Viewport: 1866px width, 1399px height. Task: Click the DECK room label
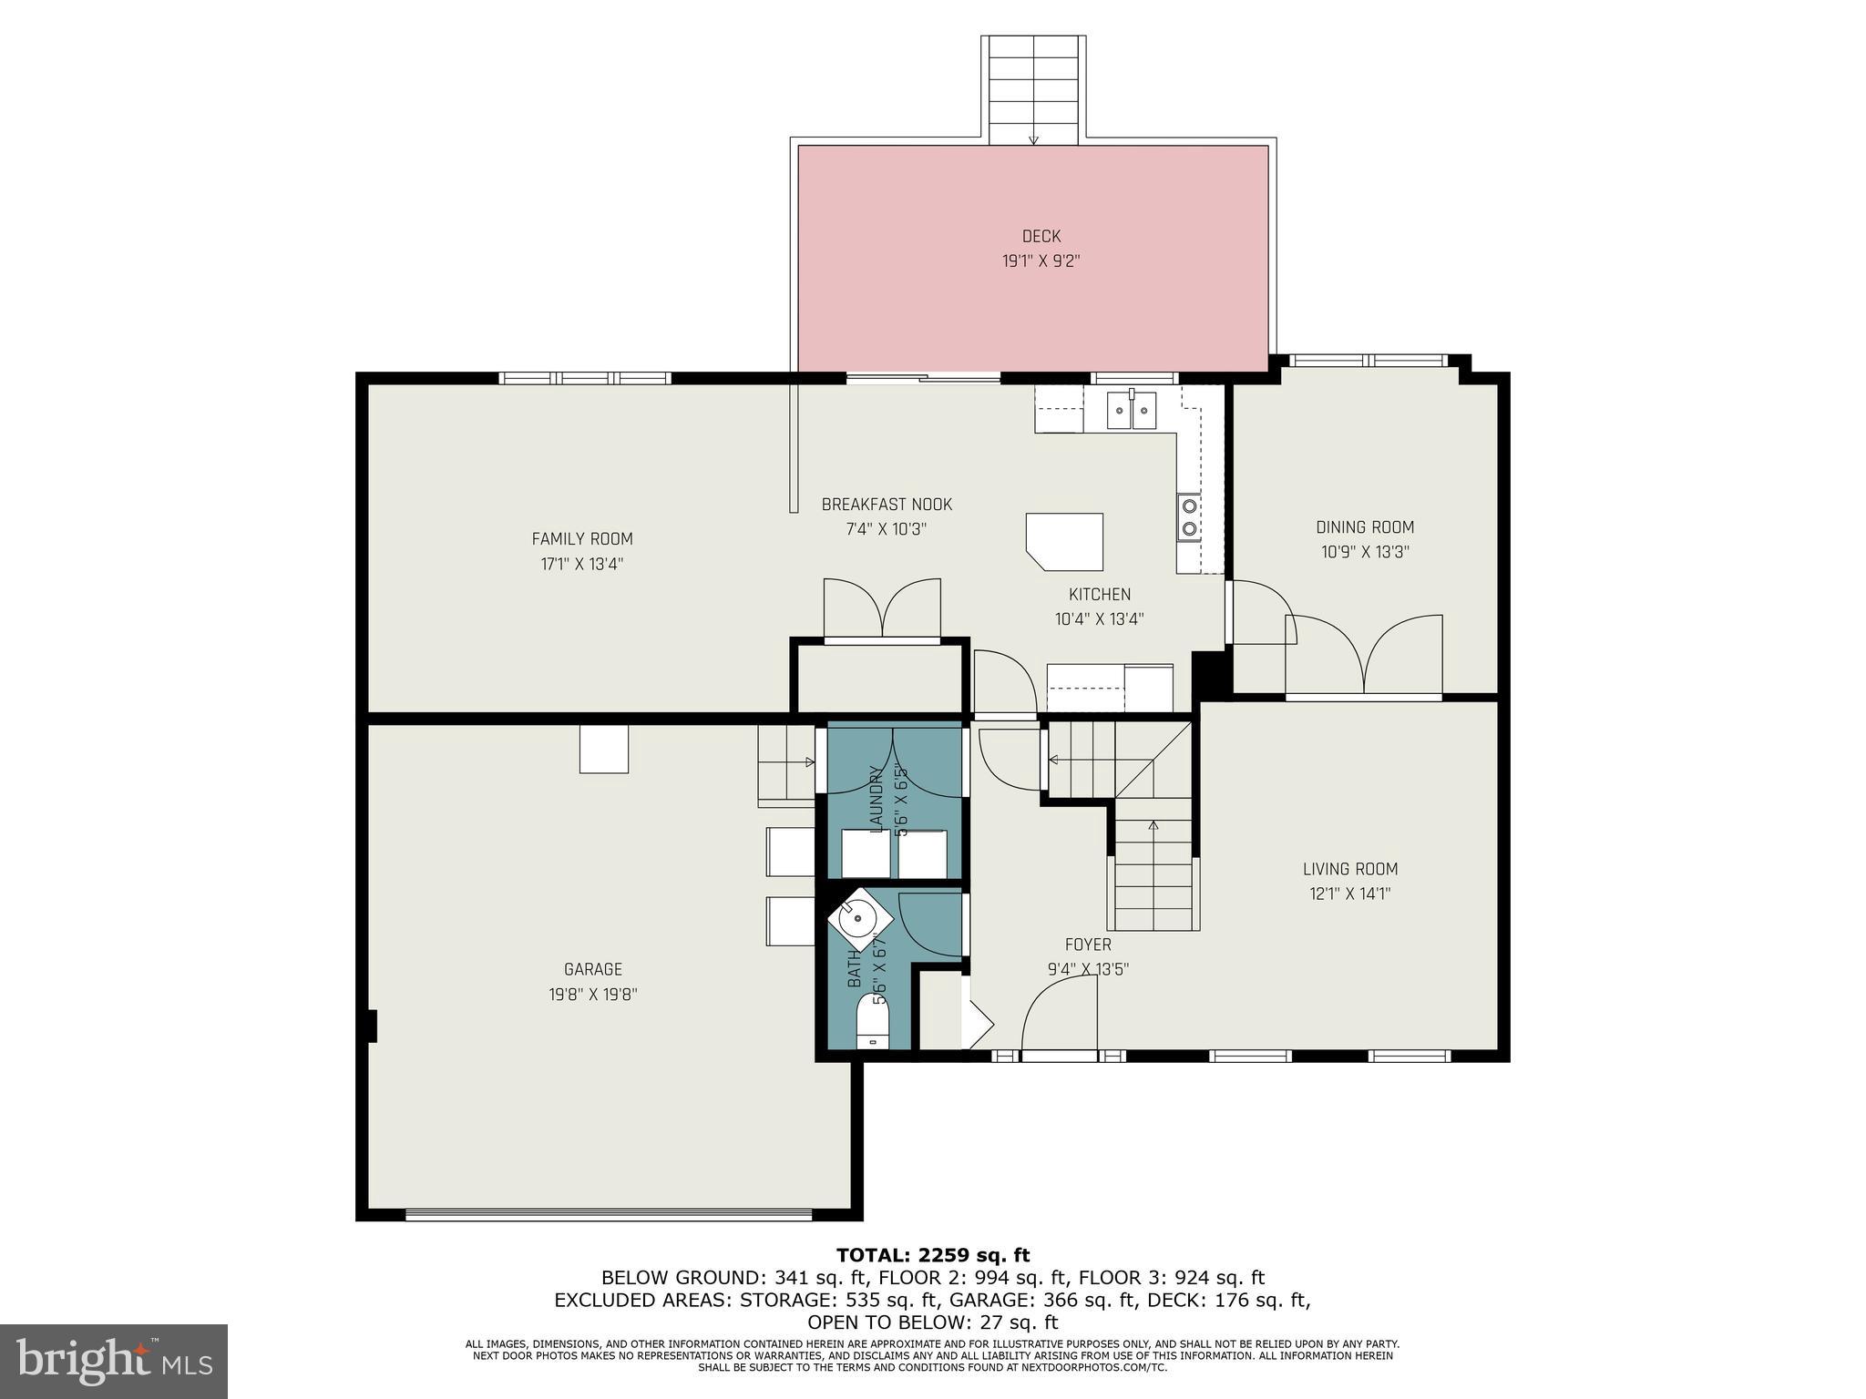click(1041, 237)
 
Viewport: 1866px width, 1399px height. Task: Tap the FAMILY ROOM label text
click(582, 538)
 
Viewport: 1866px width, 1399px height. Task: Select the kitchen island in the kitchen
click(1065, 542)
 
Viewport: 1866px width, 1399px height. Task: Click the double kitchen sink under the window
click(1132, 410)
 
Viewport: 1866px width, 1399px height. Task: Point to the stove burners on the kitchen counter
click(1189, 517)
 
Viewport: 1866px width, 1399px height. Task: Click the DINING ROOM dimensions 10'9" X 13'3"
click(1365, 552)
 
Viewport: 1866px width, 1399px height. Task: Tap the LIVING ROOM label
click(1349, 869)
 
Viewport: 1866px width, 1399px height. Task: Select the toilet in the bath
click(872, 1023)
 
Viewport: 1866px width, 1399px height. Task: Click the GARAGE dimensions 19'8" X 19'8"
click(592, 995)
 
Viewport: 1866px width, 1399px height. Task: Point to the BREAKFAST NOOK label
click(887, 505)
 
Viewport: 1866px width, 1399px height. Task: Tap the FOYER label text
click(1088, 945)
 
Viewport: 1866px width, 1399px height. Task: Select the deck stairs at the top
click(1033, 89)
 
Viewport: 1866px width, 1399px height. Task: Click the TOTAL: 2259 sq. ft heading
click(933, 1256)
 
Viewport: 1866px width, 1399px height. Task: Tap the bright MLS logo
click(114, 1361)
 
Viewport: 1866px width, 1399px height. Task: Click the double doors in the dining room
click(1364, 656)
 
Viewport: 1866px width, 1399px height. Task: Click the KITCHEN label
click(1099, 595)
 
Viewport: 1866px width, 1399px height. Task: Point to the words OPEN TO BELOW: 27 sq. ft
click(933, 1322)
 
